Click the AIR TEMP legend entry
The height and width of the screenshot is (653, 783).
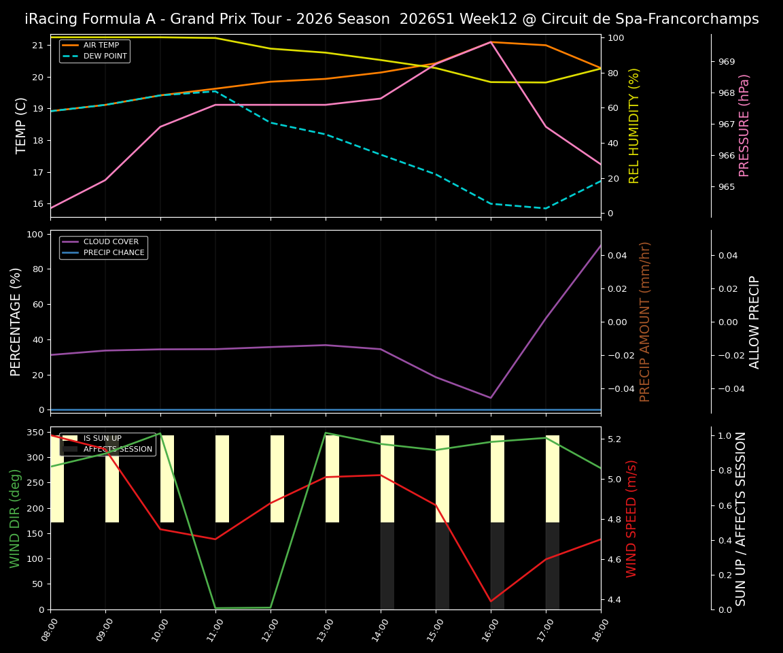[x=101, y=46]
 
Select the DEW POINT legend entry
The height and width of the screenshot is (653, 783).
[x=105, y=56]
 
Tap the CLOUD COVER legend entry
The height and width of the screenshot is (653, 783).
[x=111, y=242]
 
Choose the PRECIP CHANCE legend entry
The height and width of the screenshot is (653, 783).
[x=114, y=253]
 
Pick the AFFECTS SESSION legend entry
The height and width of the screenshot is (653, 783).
[x=118, y=450]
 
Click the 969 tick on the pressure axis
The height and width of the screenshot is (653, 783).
[x=726, y=62]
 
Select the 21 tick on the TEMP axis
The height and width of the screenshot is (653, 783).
[x=38, y=46]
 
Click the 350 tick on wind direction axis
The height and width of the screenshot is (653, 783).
[x=35, y=432]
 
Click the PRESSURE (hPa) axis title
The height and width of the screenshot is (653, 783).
[x=744, y=125]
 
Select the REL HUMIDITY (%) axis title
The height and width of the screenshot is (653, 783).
[x=634, y=125]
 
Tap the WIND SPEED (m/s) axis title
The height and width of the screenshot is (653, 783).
[x=631, y=518]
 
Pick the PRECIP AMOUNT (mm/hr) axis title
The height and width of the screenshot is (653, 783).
[x=645, y=322]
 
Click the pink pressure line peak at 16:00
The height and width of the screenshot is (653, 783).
[x=491, y=42]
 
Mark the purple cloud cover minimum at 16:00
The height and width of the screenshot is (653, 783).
[x=491, y=398]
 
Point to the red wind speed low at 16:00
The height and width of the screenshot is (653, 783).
[x=491, y=601]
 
